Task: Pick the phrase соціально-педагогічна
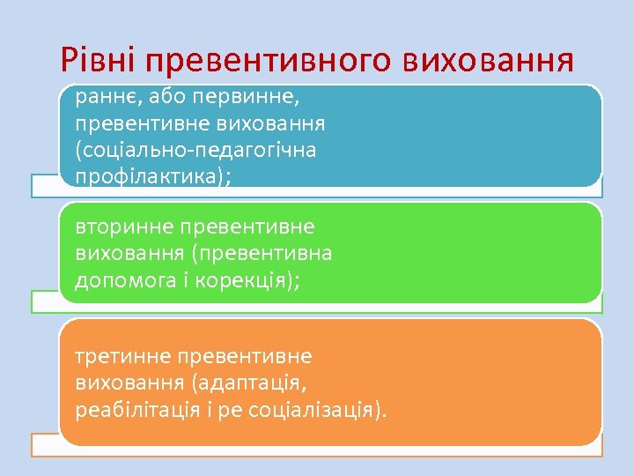(199, 150)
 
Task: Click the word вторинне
(124, 227)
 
